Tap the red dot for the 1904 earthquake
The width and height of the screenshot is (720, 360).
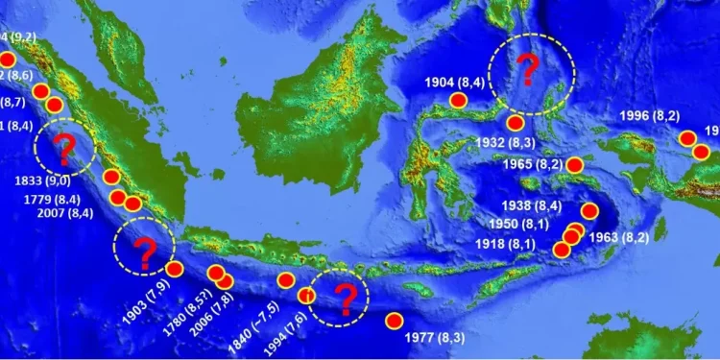(x=459, y=100)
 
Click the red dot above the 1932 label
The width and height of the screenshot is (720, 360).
(x=516, y=122)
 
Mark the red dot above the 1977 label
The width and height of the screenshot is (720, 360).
(x=394, y=322)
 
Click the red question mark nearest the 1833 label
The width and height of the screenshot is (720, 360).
(x=65, y=149)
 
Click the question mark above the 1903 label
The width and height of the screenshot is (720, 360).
(x=145, y=251)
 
